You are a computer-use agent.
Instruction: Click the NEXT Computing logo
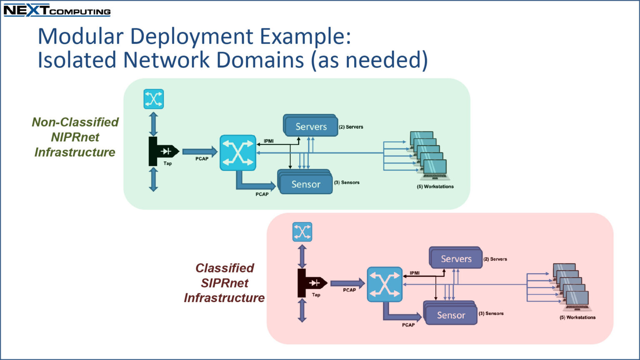[57, 10]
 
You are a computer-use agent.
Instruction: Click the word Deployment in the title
[191, 37]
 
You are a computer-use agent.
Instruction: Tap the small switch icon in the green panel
[154, 99]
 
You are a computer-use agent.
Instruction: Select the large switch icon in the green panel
[238, 153]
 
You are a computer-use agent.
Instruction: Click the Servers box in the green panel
[310, 126]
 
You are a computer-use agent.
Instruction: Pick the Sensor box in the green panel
[305, 182]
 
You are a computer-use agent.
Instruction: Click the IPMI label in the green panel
[269, 141]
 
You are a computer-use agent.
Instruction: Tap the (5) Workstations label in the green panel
[435, 187]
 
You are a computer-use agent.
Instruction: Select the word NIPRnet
[75, 137]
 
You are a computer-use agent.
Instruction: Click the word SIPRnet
[225, 283]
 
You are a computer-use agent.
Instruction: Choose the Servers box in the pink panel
[456, 258]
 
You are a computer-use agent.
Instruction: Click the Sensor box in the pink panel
[450, 313]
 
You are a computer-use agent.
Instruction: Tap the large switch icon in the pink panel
[385, 284]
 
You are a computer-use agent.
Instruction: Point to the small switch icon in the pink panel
[302, 232]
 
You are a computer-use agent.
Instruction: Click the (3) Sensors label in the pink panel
[491, 313]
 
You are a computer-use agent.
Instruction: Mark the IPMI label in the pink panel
[415, 273]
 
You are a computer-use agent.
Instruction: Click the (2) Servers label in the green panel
[351, 127]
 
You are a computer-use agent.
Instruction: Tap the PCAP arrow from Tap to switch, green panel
[200, 151]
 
